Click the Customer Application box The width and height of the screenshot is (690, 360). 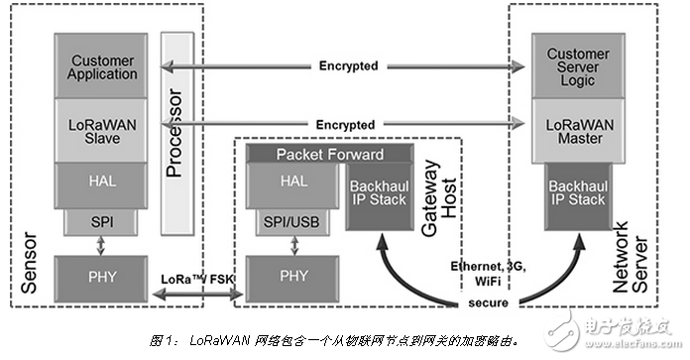pyautogui.click(x=102, y=66)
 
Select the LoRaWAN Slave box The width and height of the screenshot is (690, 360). pyautogui.click(x=102, y=130)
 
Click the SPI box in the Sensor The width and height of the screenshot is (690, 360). pyautogui.click(x=102, y=222)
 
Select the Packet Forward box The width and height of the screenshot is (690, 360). pyautogui.click(x=328, y=154)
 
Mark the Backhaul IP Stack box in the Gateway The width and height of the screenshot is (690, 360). pyautogui.click(x=378, y=195)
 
